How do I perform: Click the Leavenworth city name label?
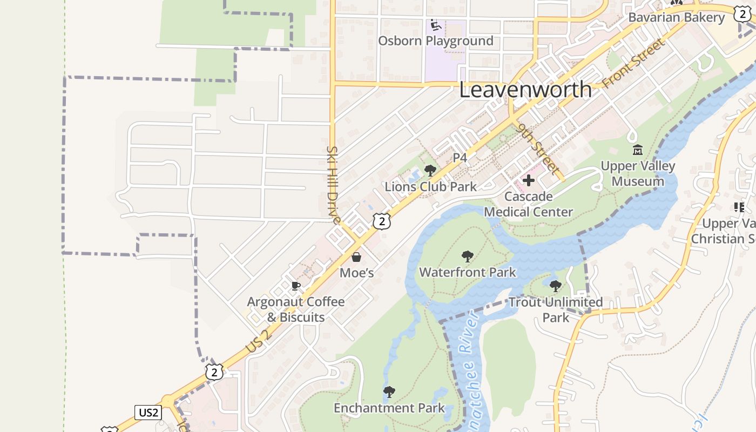525,90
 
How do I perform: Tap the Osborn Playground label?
435,41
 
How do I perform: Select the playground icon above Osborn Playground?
435,25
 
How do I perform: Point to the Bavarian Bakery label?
676,17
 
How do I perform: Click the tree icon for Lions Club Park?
430,171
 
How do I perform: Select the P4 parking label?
460,158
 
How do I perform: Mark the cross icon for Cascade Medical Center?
528,180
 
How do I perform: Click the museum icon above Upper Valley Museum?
637,150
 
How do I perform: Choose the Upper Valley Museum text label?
638,173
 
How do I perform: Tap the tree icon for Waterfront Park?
468,256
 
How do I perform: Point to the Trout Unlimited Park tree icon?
555,286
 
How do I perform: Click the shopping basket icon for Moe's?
356,257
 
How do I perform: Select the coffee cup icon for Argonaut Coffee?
295,286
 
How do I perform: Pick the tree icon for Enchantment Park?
389,391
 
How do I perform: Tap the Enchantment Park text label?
389,408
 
